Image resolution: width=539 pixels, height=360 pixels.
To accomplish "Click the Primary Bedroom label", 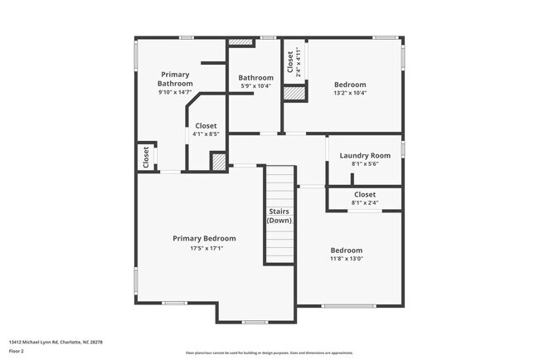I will pyautogui.click(x=204, y=238).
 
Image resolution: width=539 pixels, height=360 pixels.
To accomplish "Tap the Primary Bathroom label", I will pyautogui.click(x=176, y=79).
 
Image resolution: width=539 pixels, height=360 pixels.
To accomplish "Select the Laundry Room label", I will pyautogui.click(x=365, y=155).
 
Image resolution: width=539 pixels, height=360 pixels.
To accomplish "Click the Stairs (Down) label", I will pyautogui.click(x=279, y=216).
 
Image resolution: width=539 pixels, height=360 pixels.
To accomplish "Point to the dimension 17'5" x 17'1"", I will pyautogui.click(x=204, y=247).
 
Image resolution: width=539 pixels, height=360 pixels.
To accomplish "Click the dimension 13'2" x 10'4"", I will pyautogui.click(x=350, y=93).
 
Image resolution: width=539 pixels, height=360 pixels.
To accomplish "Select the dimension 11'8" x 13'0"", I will pyautogui.click(x=347, y=260).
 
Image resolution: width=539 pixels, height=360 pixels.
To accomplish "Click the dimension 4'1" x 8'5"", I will pyautogui.click(x=205, y=134).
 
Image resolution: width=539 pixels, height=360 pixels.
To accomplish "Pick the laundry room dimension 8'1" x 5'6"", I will pyautogui.click(x=365, y=164).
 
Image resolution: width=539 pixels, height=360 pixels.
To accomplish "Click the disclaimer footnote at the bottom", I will pyautogui.click(x=269, y=353).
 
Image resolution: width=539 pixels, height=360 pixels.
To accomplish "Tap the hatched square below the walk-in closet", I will pyautogui.click(x=219, y=162).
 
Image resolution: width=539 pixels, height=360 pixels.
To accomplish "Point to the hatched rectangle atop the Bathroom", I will pyautogui.click(x=240, y=41).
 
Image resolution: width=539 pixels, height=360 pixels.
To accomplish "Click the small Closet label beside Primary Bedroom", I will pyautogui.click(x=146, y=157).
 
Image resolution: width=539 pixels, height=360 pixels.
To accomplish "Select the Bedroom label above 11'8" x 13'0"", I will pyautogui.click(x=347, y=251).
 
